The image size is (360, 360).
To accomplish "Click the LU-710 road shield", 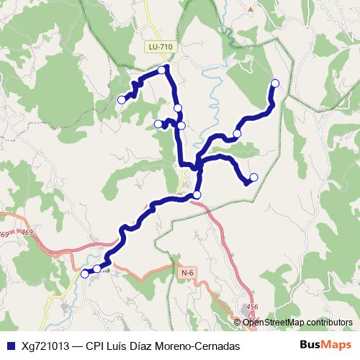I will [160, 48].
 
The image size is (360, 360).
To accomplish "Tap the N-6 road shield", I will [189, 272].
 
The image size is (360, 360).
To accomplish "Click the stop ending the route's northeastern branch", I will [275, 83].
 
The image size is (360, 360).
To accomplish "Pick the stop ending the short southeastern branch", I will [253, 177].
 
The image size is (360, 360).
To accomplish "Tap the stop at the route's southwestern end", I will [85, 274].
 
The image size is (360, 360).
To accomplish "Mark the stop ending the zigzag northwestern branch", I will [122, 100].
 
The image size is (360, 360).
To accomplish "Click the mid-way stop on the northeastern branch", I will [237, 133].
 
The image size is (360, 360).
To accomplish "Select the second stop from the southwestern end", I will [97, 269].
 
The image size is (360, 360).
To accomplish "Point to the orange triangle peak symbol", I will [250, 9].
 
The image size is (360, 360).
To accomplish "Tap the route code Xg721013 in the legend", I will [45, 346].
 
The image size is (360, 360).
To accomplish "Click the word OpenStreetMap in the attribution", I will [274, 322].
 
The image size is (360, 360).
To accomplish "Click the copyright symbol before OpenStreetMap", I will [238, 322].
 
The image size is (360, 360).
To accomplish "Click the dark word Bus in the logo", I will [310, 345].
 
